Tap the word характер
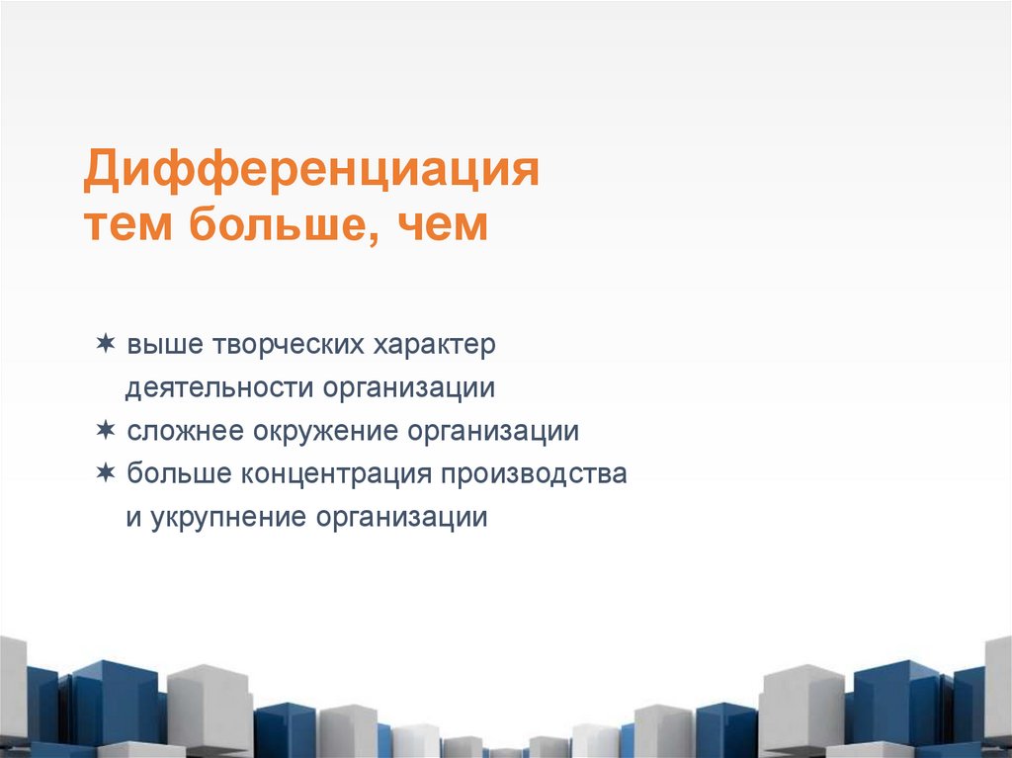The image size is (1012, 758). point(435,346)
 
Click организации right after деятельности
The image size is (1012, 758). point(407,388)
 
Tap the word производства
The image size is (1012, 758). point(534,474)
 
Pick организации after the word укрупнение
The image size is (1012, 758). point(402,518)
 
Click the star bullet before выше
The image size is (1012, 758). point(105,344)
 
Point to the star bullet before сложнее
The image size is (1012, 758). point(105,430)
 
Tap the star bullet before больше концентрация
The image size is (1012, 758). point(105,472)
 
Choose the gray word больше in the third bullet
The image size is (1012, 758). point(178,474)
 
